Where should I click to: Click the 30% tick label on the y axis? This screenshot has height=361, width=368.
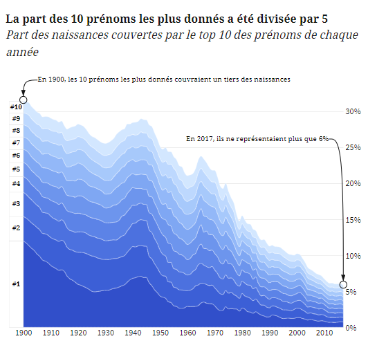(x=353, y=111)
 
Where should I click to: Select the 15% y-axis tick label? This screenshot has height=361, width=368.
(x=353, y=220)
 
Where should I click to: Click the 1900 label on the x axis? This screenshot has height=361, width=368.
(x=24, y=333)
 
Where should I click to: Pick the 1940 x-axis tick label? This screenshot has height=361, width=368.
(x=133, y=333)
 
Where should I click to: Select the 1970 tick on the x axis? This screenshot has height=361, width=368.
(x=215, y=333)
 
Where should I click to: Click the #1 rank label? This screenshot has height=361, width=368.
(x=15, y=284)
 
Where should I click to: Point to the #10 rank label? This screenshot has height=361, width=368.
(x=16, y=107)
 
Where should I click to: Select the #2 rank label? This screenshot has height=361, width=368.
(x=15, y=228)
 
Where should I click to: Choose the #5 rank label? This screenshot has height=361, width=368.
(x=15, y=169)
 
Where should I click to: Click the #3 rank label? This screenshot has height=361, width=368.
(x=15, y=204)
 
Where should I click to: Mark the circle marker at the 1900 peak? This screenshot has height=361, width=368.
(x=24, y=100)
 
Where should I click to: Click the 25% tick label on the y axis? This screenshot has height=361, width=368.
(x=353, y=147)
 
